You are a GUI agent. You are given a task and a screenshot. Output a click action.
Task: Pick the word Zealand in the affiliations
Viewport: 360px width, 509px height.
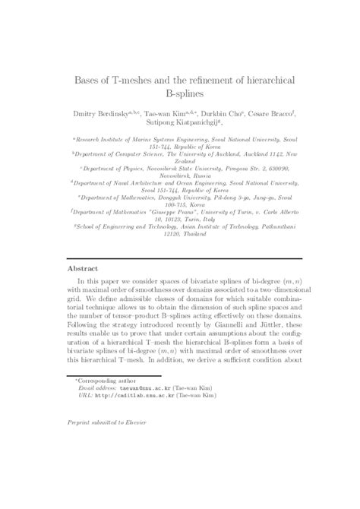[179, 161]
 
